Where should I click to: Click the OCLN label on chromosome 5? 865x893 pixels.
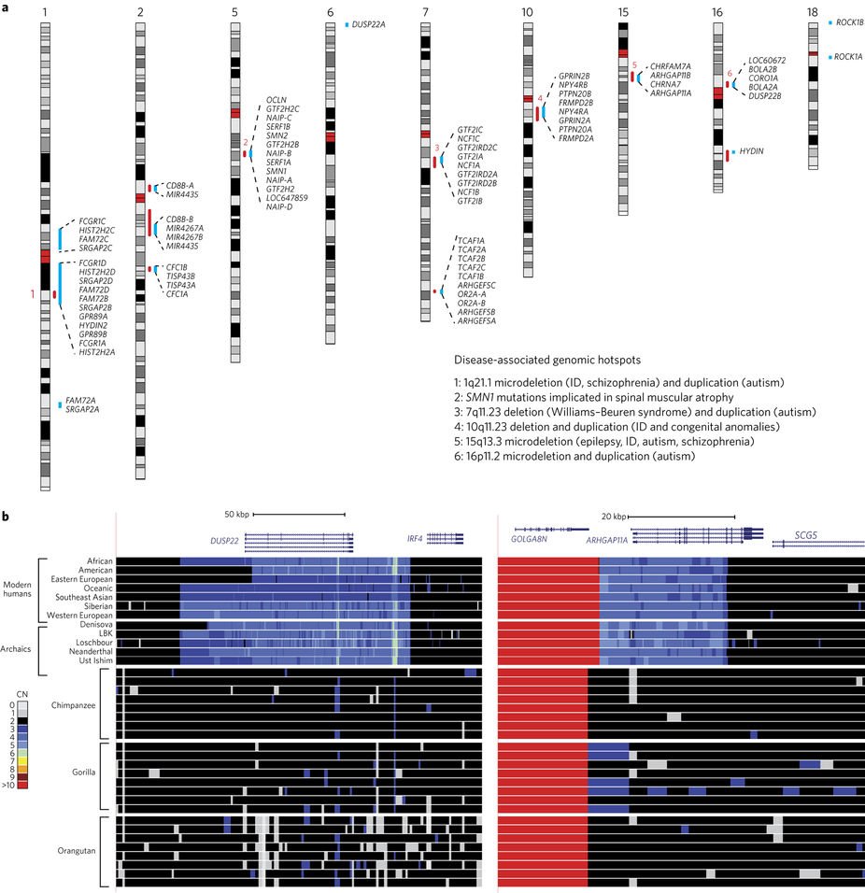(x=277, y=99)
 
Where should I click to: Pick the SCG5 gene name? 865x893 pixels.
(x=806, y=536)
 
